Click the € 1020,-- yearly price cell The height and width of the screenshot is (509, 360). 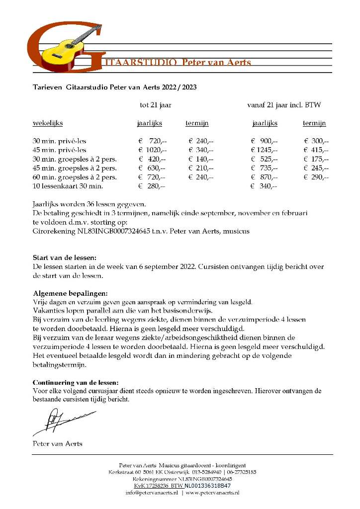153,150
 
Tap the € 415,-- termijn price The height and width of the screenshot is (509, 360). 316,150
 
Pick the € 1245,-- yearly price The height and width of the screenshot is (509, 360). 264,150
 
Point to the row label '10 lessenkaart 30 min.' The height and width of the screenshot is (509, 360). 68,186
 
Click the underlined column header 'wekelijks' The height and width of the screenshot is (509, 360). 48,123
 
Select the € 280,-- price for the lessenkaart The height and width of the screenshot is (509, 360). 152,186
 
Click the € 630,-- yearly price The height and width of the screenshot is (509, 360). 152,169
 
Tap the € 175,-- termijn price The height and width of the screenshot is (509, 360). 316,160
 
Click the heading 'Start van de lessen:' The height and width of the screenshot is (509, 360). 61,258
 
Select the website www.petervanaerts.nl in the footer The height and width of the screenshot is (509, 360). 212,493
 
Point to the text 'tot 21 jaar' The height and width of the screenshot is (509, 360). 156,105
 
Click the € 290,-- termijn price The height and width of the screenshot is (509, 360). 316,177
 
